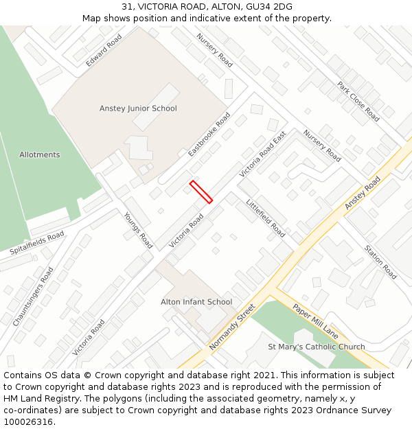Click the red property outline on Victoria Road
(201, 192)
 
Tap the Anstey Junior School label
(138, 108)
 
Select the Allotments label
(39, 154)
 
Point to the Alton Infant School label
(196, 302)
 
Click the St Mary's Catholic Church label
(317, 347)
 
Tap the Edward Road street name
(104, 51)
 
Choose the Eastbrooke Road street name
(209, 134)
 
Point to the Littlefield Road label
(265, 218)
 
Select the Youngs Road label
(138, 229)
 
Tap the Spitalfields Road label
(37, 243)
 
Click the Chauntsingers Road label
(32, 297)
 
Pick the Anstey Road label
(362, 194)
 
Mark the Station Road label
(380, 262)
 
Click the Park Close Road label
(358, 102)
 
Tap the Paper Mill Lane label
(315, 321)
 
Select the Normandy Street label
(231, 327)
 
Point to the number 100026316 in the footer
(28, 421)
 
